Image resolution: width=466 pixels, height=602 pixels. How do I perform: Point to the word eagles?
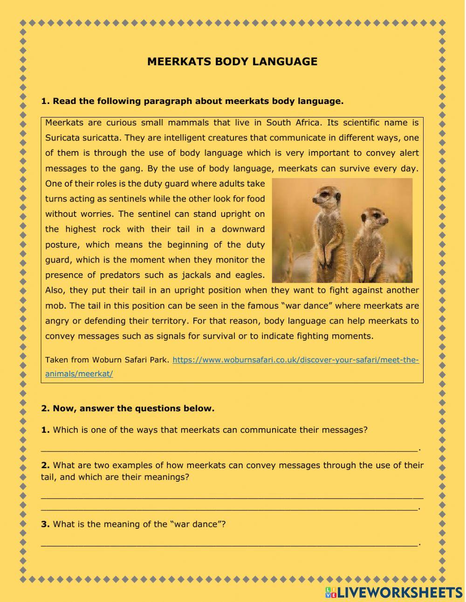(248, 275)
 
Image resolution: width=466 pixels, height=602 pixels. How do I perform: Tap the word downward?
(243, 229)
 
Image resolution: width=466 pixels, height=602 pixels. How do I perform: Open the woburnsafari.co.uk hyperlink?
(295, 360)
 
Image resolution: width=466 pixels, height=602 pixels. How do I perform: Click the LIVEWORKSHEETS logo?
(394, 592)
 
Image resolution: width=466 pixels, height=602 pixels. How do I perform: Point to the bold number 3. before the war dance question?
(45, 524)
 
